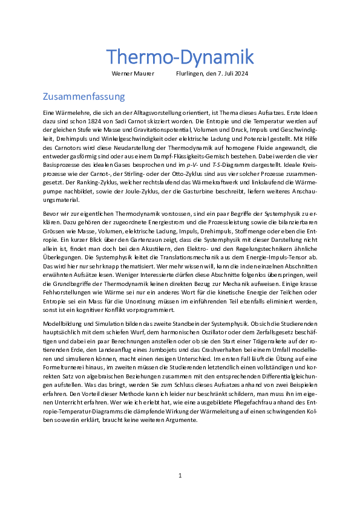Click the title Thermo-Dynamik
pos(180,57)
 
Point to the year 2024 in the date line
pos(240,74)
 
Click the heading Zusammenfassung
pos(83,97)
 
